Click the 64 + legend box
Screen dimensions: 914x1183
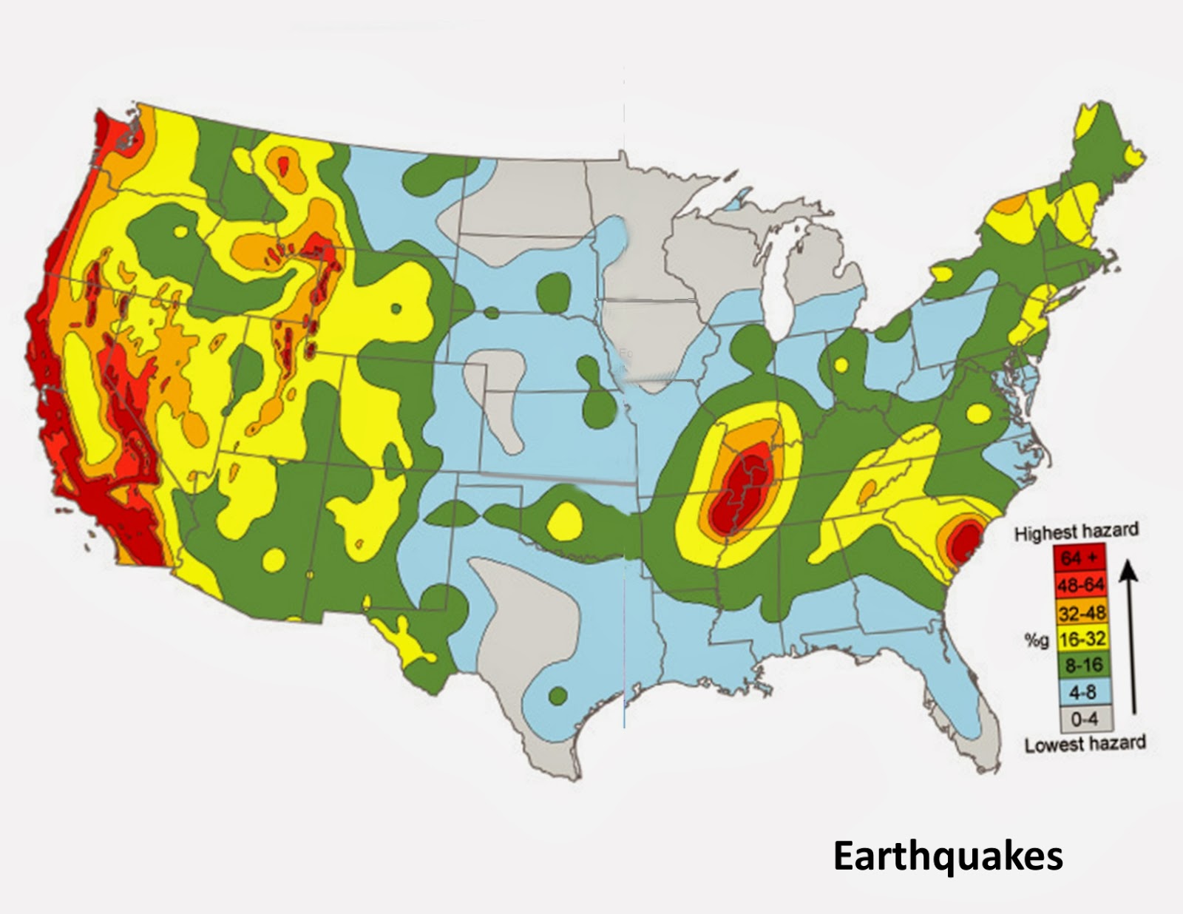tap(1080, 558)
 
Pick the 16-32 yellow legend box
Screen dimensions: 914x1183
tap(1080, 638)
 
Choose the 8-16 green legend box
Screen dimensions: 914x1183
tap(1080, 665)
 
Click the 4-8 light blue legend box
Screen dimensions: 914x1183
tap(1080, 691)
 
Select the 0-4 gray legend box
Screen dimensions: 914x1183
tap(1080, 717)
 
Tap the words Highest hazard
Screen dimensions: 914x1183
tap(1076, 532)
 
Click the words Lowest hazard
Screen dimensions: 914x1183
tap(1085, 743)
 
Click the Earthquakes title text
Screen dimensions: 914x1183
tap(948, 856)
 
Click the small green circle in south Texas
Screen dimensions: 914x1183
tap(558, 695)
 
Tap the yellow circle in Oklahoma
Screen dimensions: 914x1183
tap(564, 519)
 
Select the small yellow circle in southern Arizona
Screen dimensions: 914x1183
tap(273, 560)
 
